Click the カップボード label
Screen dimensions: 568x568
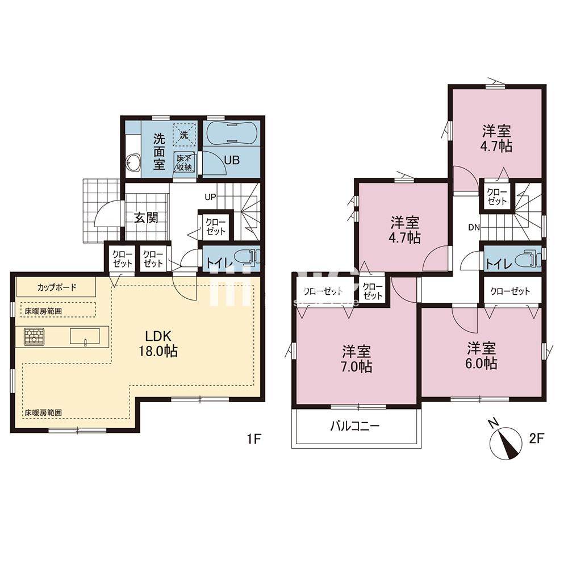click(57, 287)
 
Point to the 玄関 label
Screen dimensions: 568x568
click(146, 218)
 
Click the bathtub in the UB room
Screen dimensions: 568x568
click(232, 134)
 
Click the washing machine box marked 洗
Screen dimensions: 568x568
click(184, 134)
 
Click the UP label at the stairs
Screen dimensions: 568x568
click(211, 197)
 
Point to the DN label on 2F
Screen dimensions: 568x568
click(473, 228)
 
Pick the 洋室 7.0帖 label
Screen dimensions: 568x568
click(357, 359)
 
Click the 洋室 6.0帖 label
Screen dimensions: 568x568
click(482, 356)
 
